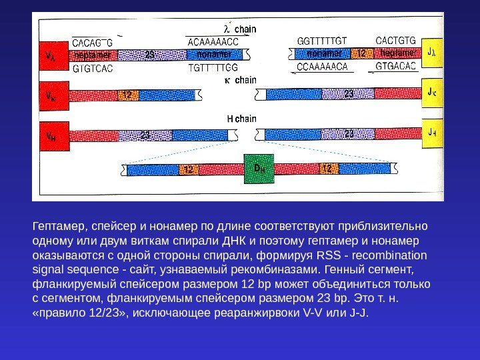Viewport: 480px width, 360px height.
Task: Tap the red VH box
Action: coord(51,135)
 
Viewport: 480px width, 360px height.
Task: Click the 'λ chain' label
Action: coord(239,29)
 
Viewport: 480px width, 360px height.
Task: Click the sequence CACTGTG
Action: coord(396,41)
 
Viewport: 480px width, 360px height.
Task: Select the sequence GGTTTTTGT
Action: coord(322,41)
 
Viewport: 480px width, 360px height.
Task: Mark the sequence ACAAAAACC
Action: coord(213,41)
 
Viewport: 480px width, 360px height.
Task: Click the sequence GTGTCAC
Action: coord(93,67)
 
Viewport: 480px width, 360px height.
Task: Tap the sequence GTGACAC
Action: coord(396,66)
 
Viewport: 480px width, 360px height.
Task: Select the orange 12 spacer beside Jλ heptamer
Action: coord(361,53)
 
